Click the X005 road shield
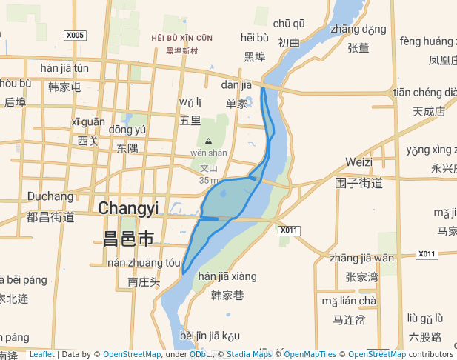coord(76,35)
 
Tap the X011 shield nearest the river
coord(289,230)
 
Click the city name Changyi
coord(128,208)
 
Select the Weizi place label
coord(358,161)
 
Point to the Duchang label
coord(50,196)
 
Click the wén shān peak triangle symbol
coord(208,140)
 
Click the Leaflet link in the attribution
coord(41,354)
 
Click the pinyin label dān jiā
coord(236,85)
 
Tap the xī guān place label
coord(88,121)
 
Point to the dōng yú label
coord(127,130)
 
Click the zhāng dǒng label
coord(358,30)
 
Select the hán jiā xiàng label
coord(227,276)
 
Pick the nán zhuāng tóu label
coord(144,262)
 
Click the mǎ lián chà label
coord(349,301)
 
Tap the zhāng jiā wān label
coord(362,258)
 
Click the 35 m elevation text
coord(209,180)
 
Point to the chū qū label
coord(289,24)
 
